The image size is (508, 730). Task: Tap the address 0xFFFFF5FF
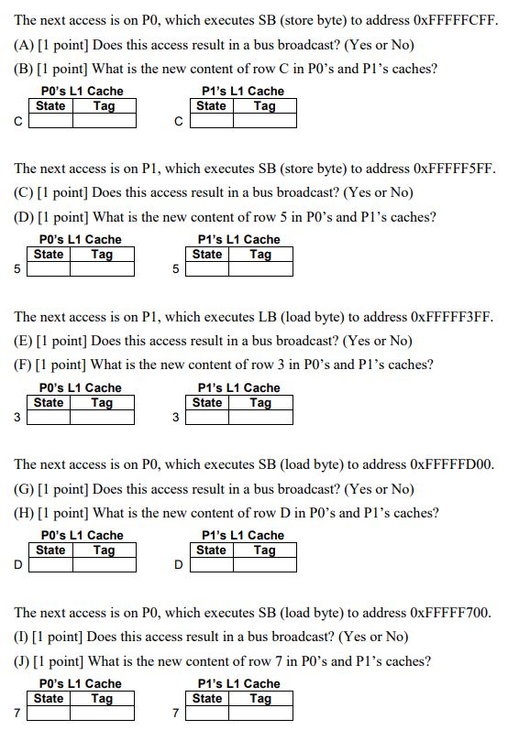tap(454, 169)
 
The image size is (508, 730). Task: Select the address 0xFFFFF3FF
tap(452, 317)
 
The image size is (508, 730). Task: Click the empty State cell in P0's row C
tap(50, 121)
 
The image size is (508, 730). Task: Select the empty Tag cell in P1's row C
tap(265, 121)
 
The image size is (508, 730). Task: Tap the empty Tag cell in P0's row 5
tap(103, 269)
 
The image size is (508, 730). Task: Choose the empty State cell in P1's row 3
tap(209, 418)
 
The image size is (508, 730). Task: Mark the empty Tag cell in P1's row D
tap(265, 565)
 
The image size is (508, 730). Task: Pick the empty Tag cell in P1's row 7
tap(261, 714)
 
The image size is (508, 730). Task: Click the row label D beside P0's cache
tap(18, 565)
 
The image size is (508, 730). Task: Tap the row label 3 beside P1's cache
tap(177, 418)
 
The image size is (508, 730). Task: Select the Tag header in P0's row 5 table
tap(103, 255)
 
